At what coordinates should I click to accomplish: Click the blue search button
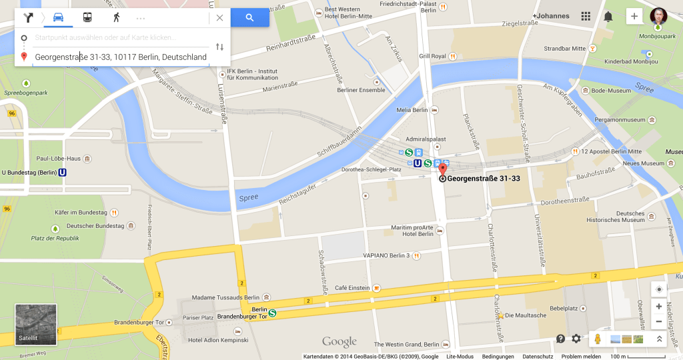[x=249, y=18]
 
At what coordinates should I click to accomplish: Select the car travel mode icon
[x=59, y=17]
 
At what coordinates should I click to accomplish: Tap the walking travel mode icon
[x=117, y=17]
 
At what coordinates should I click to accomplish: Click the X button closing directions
[x=219, y=18]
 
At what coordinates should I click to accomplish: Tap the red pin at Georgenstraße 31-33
[x=442, y=169]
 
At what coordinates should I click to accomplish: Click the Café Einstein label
[x=352, y=287]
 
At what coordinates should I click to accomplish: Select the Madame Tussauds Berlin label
[x=225, y=297]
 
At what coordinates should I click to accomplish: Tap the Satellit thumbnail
[x=36, y=325]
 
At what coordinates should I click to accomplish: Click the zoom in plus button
[x=659, y=307]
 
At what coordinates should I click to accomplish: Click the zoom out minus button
[x=659, y=322]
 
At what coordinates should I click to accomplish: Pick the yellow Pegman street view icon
[x=598, y=339]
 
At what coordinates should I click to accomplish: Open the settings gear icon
[x=576, y=339]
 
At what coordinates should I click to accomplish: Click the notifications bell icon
[x=608, y=17]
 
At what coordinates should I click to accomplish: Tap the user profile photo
[x=658, y=17]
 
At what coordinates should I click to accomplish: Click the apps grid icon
[x=586, y=17]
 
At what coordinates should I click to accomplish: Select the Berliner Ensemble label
[x=361, y=90]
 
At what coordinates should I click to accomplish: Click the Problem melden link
[x=581, y=357]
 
